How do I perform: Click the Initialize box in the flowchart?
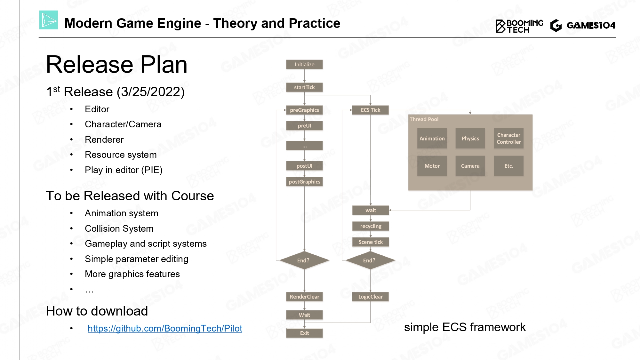(304, 64)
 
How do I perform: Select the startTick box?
(304, 87)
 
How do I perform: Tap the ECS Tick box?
(370, 110)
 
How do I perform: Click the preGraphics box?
(304, 110)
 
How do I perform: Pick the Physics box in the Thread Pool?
(470, 139)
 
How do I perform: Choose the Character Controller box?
(508, 139)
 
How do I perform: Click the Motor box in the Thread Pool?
(432, 166)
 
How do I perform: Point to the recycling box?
(371, 226)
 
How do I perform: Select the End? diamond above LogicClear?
(369, 260)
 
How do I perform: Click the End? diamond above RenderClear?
(303, 260)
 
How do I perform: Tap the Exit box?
(304, 333)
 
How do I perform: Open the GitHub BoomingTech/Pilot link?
(165, 328)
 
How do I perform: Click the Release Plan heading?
(116, 65)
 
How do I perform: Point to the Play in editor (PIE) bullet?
(124, 170)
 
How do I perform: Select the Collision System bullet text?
(119, 228)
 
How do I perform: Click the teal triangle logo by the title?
(49, 20)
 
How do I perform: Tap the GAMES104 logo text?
(591, 25)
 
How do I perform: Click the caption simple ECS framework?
(465, 327)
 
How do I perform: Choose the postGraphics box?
(304, 182)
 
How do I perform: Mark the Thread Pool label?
(424, 119)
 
